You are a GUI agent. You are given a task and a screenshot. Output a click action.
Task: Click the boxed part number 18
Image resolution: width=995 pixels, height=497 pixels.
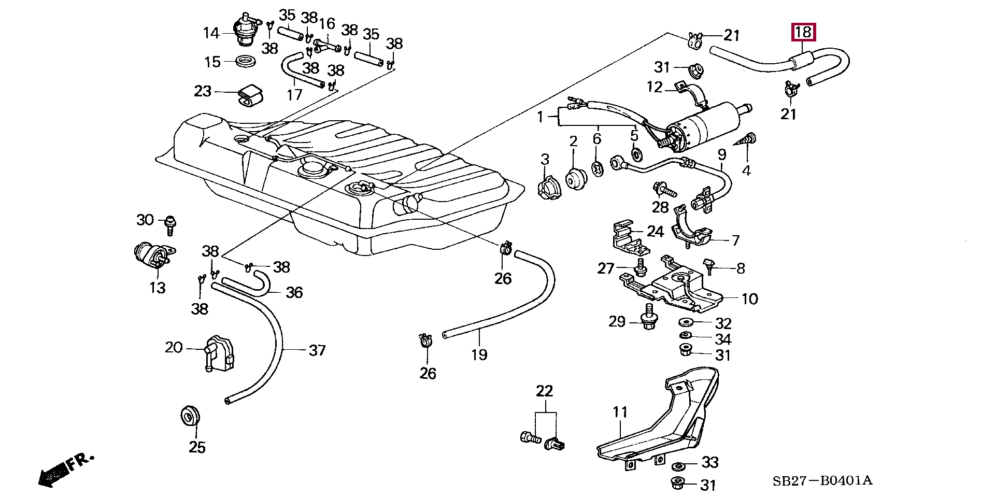click(x=803, y=32)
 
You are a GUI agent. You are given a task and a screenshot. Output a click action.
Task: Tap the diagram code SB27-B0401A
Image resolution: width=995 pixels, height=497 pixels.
click(x=822, y=480)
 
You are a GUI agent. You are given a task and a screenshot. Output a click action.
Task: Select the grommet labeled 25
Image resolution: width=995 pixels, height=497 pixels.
click(x=190, y=415)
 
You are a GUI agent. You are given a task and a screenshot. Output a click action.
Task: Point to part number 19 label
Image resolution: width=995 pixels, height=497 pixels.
click(x=479, y=354)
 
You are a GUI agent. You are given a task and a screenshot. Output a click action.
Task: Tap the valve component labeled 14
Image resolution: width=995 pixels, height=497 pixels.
click(x=244, y=31)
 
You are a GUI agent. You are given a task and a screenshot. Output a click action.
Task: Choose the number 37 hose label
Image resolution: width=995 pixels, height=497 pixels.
click(x=317, y=350)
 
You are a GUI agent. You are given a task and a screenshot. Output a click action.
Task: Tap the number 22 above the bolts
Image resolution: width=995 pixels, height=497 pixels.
click(x=545, y=391)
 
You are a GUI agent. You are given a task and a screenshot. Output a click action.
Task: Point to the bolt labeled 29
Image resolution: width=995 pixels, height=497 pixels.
click(x=648, y=317)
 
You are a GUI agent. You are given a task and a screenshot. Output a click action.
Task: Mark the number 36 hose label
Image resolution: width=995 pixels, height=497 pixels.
click(x=294, y=292)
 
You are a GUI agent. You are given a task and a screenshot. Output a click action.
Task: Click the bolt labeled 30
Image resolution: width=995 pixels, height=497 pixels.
click(x=169, y=223)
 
